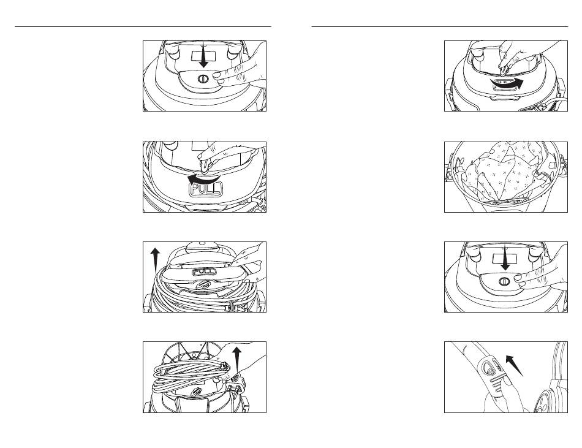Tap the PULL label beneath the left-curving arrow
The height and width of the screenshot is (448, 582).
(206, 189)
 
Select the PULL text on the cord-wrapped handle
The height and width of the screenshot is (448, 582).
(204, 271)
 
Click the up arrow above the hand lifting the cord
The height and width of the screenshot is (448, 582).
(236, 359)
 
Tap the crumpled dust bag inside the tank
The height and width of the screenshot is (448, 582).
(505, 173)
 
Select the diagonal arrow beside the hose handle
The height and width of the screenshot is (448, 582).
(515, 365)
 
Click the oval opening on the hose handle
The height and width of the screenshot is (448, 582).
(487, 368)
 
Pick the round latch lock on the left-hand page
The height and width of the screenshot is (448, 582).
(203, 78)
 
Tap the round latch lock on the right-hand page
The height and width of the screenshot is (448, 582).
(504, 281)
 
